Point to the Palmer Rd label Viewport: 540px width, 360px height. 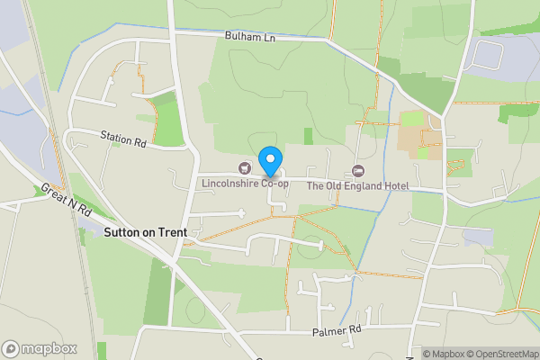click(x=337, y=330)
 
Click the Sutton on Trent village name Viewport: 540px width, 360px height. click(x=146, y=232)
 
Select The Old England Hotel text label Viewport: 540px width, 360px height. click(x=358, y=185)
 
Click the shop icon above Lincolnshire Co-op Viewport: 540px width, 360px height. click(x=244, y=168)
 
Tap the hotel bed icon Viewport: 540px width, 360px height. click(x=359, y=170)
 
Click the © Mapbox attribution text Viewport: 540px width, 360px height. click(x=445, y=354)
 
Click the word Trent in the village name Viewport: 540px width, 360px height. click(x=172, y=232)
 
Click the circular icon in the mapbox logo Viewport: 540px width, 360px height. click(x=11, y=348)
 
